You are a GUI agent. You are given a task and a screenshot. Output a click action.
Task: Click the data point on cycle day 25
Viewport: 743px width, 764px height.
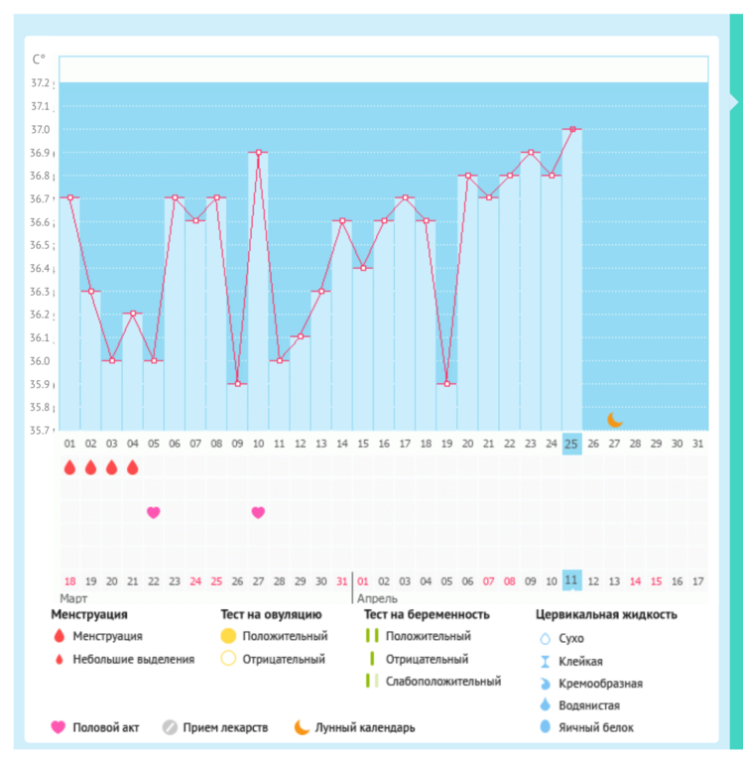click(572, 129)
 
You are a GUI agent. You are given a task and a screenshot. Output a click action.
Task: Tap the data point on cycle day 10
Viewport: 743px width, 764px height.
click(258, 153)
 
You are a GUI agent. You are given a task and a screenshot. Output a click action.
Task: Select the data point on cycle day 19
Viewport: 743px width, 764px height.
click(446, 383)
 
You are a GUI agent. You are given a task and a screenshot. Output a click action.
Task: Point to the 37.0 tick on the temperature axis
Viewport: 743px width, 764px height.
click(41, 129)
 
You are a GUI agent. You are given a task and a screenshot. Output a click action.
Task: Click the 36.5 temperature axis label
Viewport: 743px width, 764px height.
click(41, 245)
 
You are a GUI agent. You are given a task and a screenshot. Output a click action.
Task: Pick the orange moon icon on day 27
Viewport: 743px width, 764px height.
click(615, 420)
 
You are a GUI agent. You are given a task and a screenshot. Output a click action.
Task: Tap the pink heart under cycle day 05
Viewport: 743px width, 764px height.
click(154, 512)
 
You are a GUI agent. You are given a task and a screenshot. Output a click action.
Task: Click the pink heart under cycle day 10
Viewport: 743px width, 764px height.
click(258, 512)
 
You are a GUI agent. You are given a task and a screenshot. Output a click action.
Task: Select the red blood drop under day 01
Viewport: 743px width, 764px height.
click(69, 466)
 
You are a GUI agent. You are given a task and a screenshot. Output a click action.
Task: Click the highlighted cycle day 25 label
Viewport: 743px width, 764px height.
click(572, 443)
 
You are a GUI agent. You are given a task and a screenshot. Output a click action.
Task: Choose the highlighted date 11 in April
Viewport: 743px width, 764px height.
click(572, 579)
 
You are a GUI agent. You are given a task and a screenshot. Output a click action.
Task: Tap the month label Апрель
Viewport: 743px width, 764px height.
click(378, 598)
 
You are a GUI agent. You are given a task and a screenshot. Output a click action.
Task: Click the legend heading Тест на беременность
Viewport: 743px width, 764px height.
click(427, 614)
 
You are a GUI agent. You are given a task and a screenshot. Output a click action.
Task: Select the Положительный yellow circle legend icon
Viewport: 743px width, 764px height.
click(228, 636)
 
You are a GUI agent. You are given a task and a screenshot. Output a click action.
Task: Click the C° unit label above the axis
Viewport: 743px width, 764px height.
click(39, 60)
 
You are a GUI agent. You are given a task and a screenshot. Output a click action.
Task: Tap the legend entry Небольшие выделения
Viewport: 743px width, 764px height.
click(133, 659)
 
